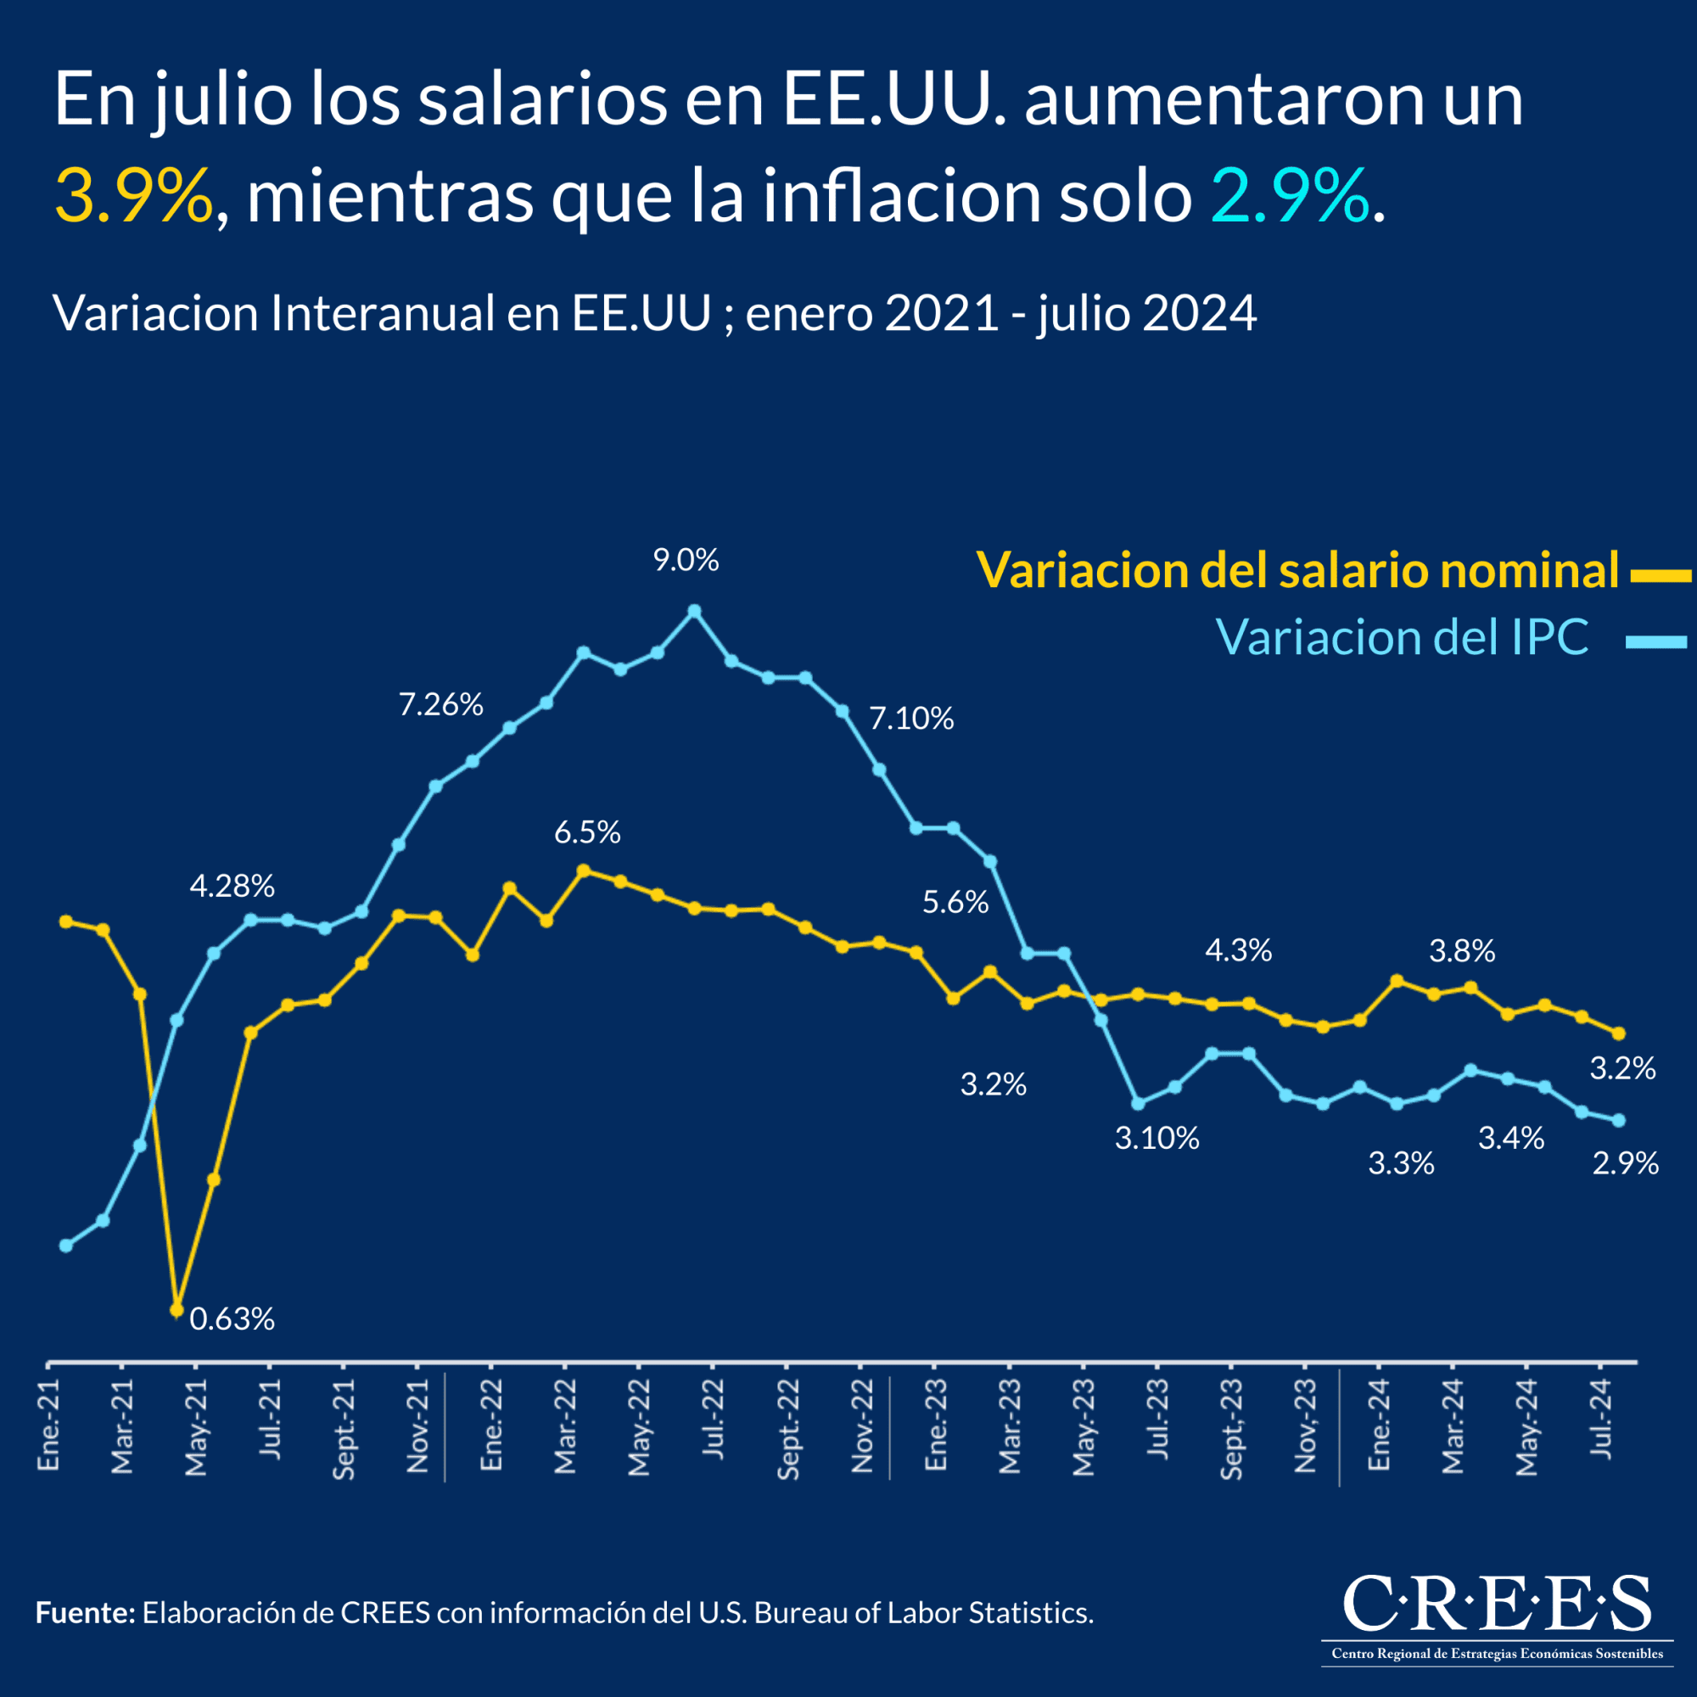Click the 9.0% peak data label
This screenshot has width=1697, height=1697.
[685, 560]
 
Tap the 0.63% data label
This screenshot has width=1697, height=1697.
[232, 1319]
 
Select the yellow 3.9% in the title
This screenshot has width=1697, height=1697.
[133, 195]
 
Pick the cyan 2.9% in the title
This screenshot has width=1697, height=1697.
[1290, 195]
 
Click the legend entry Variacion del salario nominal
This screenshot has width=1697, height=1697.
[1297, 570]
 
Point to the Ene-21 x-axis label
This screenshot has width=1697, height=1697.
[48, 1425]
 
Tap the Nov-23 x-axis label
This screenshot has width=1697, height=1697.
[1305, 1425]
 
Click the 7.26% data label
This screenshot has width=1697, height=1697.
[441, 704]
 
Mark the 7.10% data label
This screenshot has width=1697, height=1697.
[910, 719]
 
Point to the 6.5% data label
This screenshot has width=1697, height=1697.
[587, 832]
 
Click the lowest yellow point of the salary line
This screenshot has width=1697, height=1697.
[176, 1309]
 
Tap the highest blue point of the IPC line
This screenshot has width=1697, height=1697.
[694, 610]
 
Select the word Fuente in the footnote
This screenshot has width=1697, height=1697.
[84, 1613]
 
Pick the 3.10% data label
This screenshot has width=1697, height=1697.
[1157, 1139]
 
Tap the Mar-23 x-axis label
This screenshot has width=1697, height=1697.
[1009, 1425]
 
